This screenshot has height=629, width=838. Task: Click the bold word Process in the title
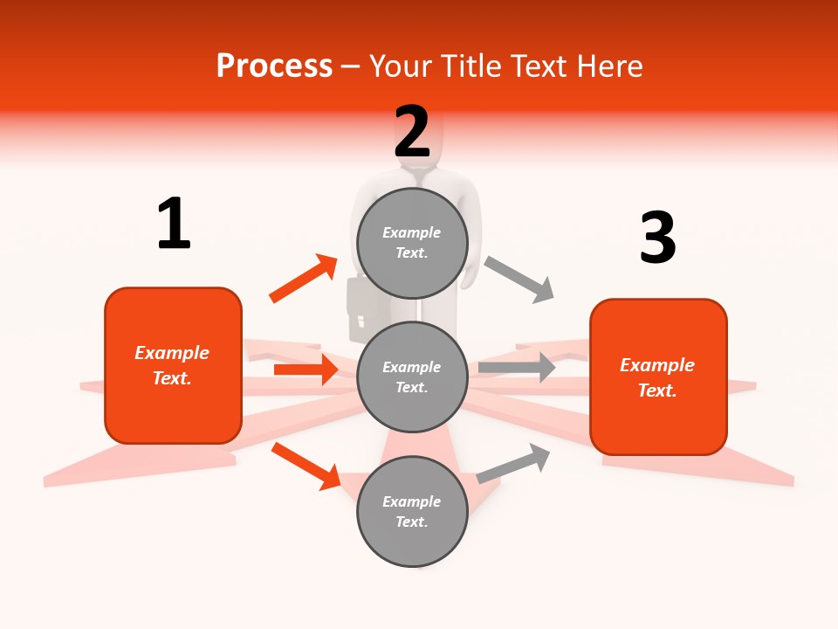click(x=274, y=66)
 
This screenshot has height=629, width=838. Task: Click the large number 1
click(x=174, y=224)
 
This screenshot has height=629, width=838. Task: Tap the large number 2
click(x=412, y=131)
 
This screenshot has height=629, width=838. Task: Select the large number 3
click(x=657, y=238)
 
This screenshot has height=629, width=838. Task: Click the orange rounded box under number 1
click(x=173, y=365)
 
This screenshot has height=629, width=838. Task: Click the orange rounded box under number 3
click(x=658, y=377)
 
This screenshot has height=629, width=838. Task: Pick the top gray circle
click(x=412, y=242)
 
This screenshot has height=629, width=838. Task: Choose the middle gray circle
click(x=412, y=377)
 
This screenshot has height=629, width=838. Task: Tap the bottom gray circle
click(x=412, y=511)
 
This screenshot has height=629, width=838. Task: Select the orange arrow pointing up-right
click(x=304, y=279)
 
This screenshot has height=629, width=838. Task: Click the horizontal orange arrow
click(x=306, y=370)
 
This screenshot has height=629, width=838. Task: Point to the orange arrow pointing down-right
click(x=306, y=465)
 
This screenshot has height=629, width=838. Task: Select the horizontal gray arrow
click(x=517, y=368)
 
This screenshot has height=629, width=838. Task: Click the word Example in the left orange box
click(x=172, y=353)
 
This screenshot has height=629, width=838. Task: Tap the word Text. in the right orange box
click(x=657, y=390)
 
